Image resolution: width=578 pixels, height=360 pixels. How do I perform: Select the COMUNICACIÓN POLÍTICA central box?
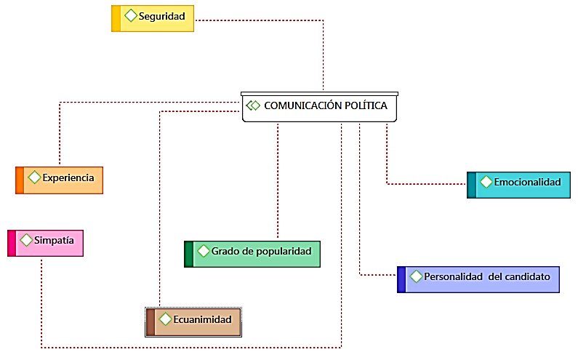pyautogui.click(x=321, y=106)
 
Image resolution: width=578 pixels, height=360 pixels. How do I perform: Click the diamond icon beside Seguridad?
pyautogui.click(x=130, y=15)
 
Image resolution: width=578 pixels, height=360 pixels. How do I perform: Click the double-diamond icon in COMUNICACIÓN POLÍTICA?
pyautogui.click(x=253, y=105)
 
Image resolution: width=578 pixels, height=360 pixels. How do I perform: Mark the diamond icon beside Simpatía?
pyautogui.click(x=26, y=239)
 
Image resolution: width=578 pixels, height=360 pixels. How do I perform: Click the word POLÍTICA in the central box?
pyautogui.click(x=366, y=105)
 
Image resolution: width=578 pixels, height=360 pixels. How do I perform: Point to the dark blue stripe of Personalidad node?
pyautogui.click(x=401, y=279)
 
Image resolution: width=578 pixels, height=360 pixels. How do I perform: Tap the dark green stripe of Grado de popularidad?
pyautogui.click(x=188, y=254)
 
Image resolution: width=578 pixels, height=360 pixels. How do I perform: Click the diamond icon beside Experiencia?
pyautogui.click(x=34, y=177)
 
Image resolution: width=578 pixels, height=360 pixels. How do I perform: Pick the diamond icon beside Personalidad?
pyautogui.click(x=416, y=276)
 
